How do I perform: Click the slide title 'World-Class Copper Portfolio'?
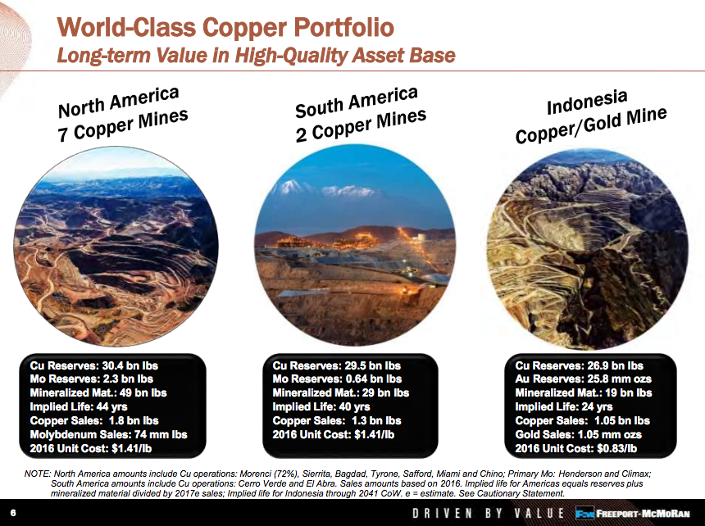[x=225, y=26]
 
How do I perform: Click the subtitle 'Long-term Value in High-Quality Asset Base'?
[x=255, y=55]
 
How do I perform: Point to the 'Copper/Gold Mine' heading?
[x=591, y=125]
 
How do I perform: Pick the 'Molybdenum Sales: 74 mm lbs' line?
[x=108, y=434]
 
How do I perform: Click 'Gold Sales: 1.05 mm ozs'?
[x=578, y=434]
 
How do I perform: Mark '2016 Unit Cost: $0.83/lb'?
[x=575, y=448]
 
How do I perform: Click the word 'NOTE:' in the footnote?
[x=36, y=474]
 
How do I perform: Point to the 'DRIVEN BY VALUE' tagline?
[x=488, y=514]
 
